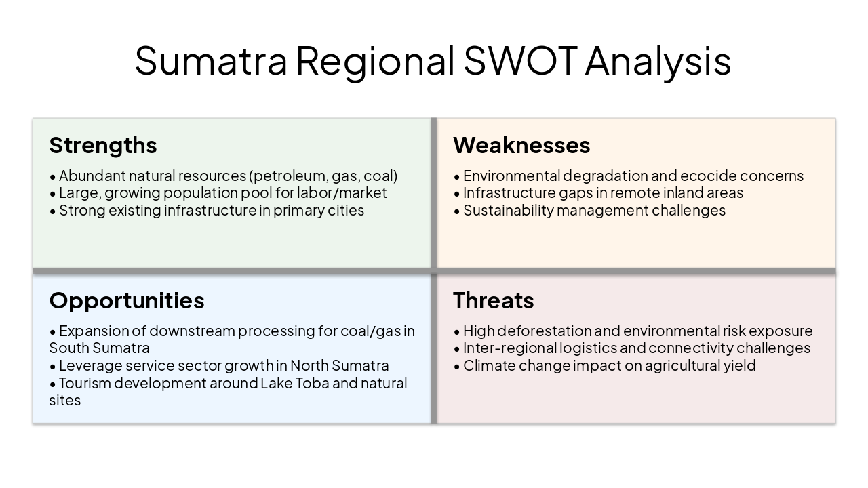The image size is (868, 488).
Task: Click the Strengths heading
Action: click(103, 145)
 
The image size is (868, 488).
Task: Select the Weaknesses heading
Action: click(521, 145)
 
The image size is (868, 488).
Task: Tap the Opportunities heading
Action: click(127, 300)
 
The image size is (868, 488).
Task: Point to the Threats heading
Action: click(494, 300)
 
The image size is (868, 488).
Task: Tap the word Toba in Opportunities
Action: click(315, 383)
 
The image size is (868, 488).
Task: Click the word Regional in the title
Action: click(375, 60)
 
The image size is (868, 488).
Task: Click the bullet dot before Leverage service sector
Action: click(53, 367)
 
